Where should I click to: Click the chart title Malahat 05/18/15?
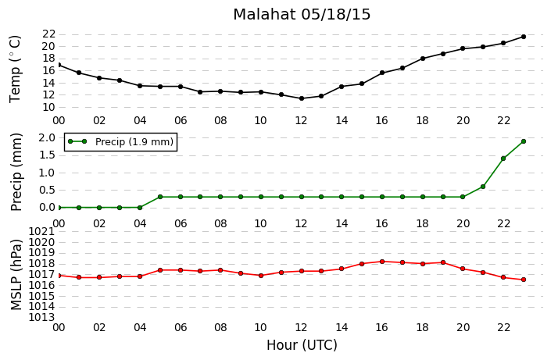click(x=302, y=14)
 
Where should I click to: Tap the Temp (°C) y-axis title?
click(x=16, y=69)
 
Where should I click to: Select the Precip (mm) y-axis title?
click(x=16, y=172)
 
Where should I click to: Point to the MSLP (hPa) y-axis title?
click(x=16, y=275)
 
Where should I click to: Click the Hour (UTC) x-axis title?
click(x=302, y=346)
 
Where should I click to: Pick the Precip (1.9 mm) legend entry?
click(x=120, y=141)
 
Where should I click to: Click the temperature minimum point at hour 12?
click(x=302, y=98)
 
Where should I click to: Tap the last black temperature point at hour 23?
click(x=523, y=37)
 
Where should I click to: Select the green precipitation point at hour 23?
click(x=523, y=141)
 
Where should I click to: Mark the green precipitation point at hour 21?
click(x=483, y=187)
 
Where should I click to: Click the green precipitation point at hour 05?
click(x=160, y=197)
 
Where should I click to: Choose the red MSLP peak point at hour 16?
click(x=382, y=262)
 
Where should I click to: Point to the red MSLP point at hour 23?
click(x=523, y=280)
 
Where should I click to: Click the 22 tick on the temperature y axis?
click(x=48, y=34)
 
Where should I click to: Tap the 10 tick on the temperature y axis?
click(x=48, y=107)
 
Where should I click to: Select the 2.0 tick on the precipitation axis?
click(x=48, y=137)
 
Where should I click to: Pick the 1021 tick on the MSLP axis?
click(x=41, y=231)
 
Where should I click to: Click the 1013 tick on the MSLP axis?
click(x=41, y=318)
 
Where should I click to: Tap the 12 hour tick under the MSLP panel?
click(x=301, y=327)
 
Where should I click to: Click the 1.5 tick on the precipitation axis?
click(x=48, y=155)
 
